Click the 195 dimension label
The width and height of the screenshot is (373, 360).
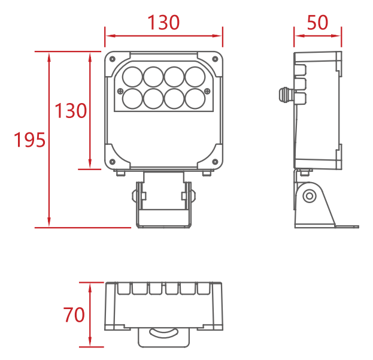pyautogui.click(x=29, y=140)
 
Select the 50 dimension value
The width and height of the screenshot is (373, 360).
pyautogui.click(x=317, y=23)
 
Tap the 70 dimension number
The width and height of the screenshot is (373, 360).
pyautogui.click(x=74, y=314)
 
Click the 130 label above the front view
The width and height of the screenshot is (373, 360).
pyautogui.click(x=163, y=23)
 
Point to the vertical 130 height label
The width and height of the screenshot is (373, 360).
pyautogui.click(x=71, y=111)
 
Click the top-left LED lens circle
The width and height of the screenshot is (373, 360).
pyautogui.click(x=132, y=77)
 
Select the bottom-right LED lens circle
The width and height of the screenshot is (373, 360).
pyautogui.click(x=195, y=98)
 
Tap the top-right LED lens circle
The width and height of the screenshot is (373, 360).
pyautogui.click(x=195, y=77)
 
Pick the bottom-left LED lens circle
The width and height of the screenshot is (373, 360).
pyautogui.click(x=132, y=98)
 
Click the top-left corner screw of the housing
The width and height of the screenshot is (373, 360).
pyautogui.click(x=113, y=59)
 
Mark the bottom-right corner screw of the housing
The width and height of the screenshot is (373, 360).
pyautogui.click(x=215, y=162)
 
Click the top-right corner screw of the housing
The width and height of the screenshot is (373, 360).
pyautogui.click(x=215, y=59)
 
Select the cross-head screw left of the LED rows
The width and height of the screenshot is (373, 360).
pyautogui.click(x=120, y=91)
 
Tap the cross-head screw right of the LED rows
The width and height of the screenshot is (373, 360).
pyautogui.click(x=207, y=91)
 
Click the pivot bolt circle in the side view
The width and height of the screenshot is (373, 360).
pyautogui.click(x=310, y=196)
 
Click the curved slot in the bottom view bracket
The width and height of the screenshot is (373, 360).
pyautogui.click(x=163, y=333)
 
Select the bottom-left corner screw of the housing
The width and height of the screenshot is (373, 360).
pyautogui.click(x=113, y=162)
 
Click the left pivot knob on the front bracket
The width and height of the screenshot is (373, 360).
pyautogui.click(x=135, y=196)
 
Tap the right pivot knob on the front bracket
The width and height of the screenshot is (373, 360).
pyautogui.click(x=193, y=196)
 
